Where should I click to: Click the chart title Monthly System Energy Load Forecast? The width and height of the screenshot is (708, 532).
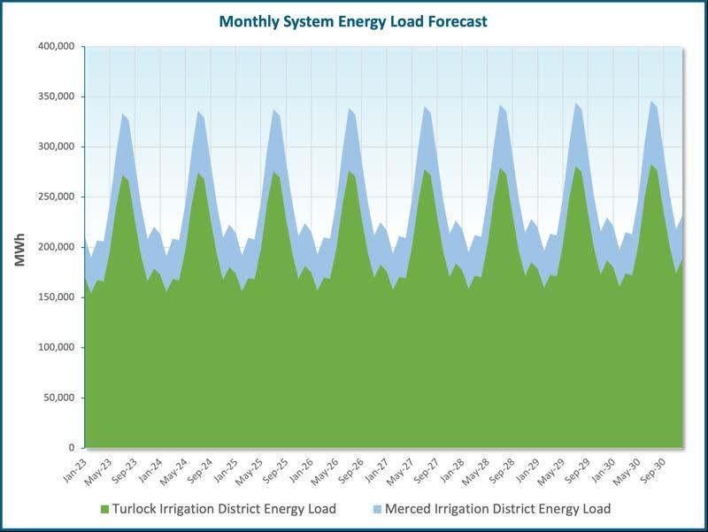click(352, 21)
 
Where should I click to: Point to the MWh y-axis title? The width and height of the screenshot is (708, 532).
click(19, 250)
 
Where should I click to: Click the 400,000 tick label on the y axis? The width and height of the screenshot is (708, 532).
click(57, 47)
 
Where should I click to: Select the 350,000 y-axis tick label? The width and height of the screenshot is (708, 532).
click(57, 96)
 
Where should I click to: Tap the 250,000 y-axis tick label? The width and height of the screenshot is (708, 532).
click(57, 197)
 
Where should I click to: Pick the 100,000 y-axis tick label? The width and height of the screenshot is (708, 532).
click(57, 347)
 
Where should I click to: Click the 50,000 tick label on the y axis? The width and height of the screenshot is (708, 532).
click(59, 397)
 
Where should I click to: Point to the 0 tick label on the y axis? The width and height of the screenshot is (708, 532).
click(72, 448)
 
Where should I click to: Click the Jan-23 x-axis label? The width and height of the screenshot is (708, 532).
click(74, 470)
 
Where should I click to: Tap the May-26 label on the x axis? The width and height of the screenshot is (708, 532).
click(325, 471)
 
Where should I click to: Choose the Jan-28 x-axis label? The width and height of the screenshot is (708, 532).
click(451, 470)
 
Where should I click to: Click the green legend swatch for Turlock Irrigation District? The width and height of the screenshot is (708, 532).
click(104, 509)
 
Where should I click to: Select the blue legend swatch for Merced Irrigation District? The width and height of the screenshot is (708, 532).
click(378, 509)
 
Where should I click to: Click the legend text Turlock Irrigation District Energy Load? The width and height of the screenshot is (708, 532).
click(224, 509)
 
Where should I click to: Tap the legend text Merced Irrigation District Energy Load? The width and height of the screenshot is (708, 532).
click(497, 509)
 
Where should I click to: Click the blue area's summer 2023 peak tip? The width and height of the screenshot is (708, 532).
click(123, 114)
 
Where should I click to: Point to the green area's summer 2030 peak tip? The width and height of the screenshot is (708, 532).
click(651, 165)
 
